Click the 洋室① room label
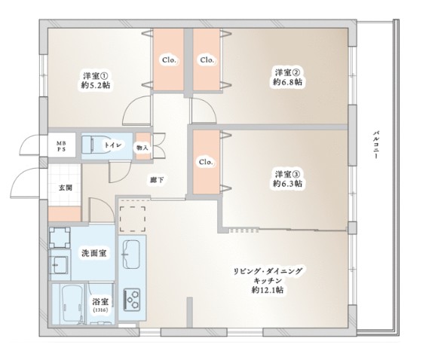click(96, 75)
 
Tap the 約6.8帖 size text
click(287, 81)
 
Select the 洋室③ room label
click(287, 173)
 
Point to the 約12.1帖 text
click(268, 289)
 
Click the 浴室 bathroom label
click(100, 301)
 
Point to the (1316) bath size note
click(100, 310)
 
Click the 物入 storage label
click(142, 147)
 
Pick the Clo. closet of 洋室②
click(207, 59)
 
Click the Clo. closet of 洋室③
click(204, 161)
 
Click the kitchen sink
click(132, 254)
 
